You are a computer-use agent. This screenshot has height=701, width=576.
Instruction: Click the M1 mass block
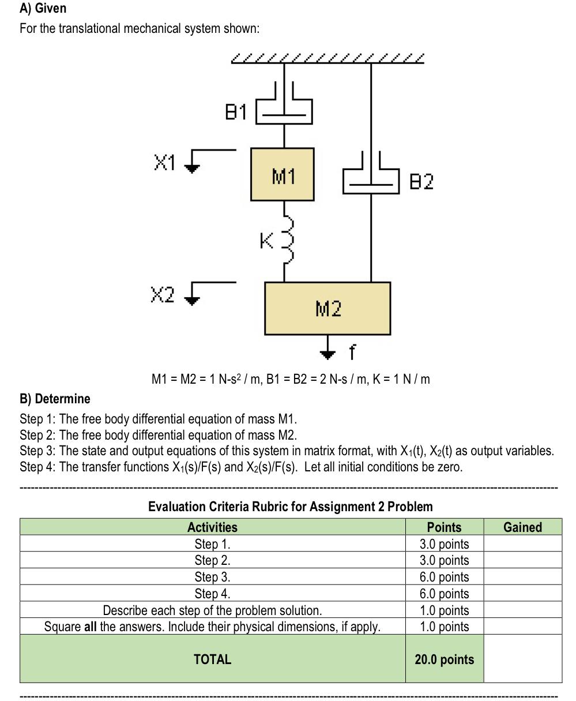[x=283, y=175]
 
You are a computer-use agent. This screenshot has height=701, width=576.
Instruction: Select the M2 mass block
[x=327, y=309]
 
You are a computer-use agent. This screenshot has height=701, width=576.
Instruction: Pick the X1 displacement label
[x=164, y=163]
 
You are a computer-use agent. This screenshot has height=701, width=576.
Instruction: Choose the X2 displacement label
[x=162, y=295]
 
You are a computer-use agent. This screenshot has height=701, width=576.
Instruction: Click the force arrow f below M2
[x=327, y=348]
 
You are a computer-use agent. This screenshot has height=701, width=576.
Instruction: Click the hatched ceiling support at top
[x=327, y=58]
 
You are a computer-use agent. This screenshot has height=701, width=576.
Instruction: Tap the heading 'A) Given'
[x=43, y=8]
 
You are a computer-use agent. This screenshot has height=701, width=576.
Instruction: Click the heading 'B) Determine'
[x=55, y=399]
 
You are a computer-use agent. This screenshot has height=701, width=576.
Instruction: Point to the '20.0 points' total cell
[x=444, y=659]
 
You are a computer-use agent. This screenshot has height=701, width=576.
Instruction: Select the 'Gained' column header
[x=522, y=527]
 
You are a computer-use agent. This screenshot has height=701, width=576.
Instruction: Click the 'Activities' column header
[x=212, y=527]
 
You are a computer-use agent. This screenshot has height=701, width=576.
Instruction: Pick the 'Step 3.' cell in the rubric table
[x=212, y=577]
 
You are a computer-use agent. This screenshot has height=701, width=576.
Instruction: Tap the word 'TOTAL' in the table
[x=212, y=659]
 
